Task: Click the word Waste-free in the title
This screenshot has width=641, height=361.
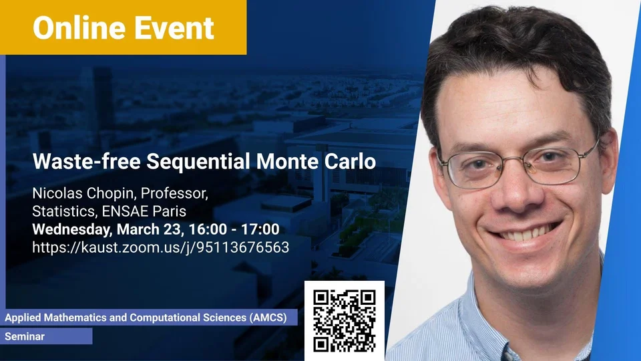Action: coord(86,161)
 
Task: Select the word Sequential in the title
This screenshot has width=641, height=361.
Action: coord(198,161)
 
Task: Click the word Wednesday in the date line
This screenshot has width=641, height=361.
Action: coord(72,229)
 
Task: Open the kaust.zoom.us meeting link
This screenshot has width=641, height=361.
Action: coord(161,247)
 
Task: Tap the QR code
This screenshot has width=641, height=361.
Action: coord(345,321)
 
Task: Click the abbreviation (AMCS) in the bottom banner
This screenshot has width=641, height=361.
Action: coord(268,318)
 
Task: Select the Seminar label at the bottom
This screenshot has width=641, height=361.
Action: coord(25,336)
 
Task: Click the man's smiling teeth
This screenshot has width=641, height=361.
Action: coord(525,233)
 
